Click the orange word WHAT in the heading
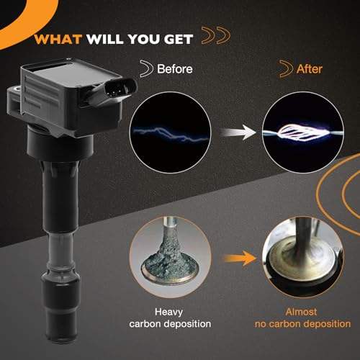pos(58,40)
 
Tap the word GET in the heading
pos(179,40)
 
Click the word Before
pos(175,69)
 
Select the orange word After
pos(310,69)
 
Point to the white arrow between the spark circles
pos(238,132)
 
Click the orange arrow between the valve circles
pos(240,258)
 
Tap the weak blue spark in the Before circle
pos(171,134)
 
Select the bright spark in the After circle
pos(303,132)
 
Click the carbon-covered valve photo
pos(171,257)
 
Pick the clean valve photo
pos(303,257)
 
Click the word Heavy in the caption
pos(168,312)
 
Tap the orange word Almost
pos(301,312)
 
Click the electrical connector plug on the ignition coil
pos(117,89)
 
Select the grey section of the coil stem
pos(60,252)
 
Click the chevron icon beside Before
pos(146,68)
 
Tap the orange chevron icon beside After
pos(287,68)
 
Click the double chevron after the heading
pos(216,35)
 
